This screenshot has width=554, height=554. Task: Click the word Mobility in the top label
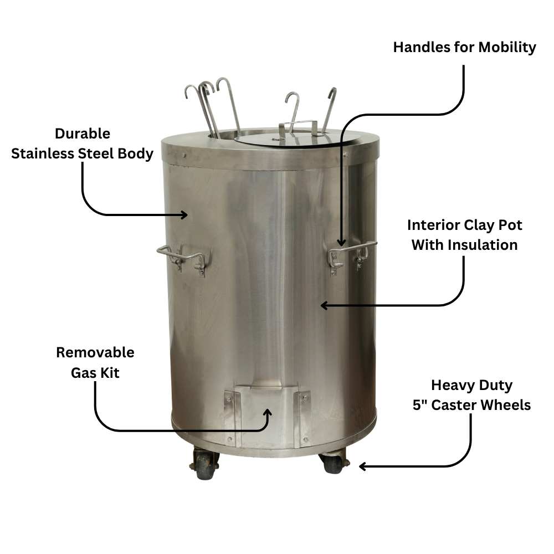(x=507, y=48)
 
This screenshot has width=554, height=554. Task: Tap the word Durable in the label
(x=83, y=134)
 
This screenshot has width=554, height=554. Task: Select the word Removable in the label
(x=95, y=352)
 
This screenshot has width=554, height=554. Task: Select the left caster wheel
(x=205, y=464)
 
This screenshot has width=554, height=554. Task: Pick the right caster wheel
(x=334, y=463)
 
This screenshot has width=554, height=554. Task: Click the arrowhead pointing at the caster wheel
(x=363, y=466)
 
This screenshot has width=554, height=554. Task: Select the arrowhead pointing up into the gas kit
(x=269, y=413)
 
